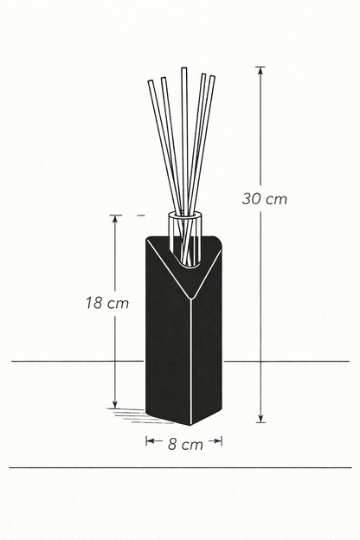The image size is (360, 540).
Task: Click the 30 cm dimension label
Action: click(x=264, y=198)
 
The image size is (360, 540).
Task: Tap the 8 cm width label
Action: click(x=185, y=444)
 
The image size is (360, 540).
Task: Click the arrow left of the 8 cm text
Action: click(x=150, y=440)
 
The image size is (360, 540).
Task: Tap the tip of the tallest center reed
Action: click(x=183, y=68)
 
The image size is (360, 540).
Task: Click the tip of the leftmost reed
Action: click(x=150, y=81)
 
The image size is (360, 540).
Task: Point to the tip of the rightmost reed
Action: click(x=212, y=77)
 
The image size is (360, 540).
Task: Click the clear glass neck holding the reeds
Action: click(x=185, y=227)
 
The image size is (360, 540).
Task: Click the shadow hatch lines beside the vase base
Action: click(x=130, y=415)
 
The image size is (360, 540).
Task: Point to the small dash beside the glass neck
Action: click(x=140, y=214)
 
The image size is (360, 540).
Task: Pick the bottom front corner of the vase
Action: click(x=190, y=425)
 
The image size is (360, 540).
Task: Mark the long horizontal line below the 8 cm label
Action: click(x=180, y=468)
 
